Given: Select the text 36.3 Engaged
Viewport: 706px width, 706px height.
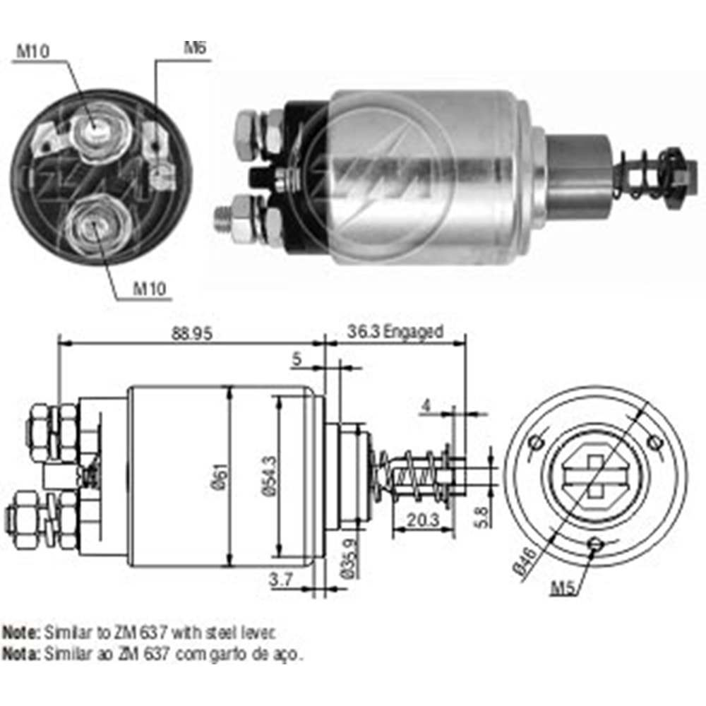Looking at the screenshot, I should [x=395, y=332].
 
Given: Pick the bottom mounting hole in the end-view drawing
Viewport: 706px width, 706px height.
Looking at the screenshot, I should [x=596, y=544].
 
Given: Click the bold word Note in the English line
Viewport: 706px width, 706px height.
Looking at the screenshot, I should [x=21, y=631].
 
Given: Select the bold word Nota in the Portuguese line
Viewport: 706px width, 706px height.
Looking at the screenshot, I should [x=21, y=654].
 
